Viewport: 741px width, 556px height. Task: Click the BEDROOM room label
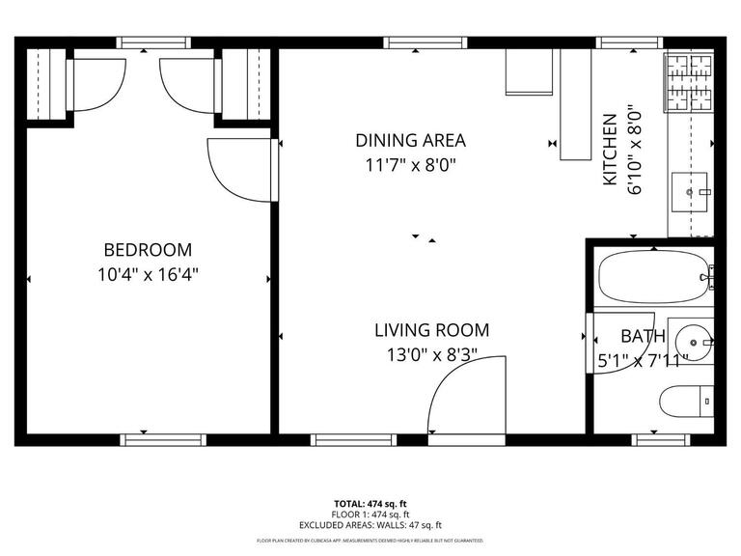[x=148, y=249]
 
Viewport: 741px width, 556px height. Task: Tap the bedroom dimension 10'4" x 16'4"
[x=148, y=273]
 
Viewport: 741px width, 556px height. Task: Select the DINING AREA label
[x=410, y=140]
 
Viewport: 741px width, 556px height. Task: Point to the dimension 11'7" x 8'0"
[x=410, y=164]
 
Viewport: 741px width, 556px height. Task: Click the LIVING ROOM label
[x=431, y=330]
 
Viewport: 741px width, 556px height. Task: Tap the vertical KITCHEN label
[x=610, y=151]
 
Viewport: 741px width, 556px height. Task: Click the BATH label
[x=642, y=337]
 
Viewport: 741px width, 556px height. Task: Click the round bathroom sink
[x=692, y=341]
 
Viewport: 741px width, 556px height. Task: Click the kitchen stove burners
[x=688, y=80]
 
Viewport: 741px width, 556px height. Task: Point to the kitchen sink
[x=689, y=192]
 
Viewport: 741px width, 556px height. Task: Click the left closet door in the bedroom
[x=94, y=84]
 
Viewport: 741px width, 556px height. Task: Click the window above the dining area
[x=425, y=42]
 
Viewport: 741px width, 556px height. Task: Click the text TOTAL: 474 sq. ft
[x=370, y=504]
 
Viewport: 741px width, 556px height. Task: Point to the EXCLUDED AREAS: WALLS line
[x=370, y=525]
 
